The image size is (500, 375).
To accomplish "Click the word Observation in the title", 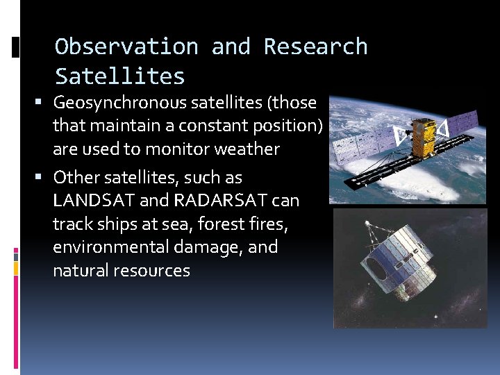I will click(x=126, y=47).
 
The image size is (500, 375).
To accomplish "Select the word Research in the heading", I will click(x=315, y=47).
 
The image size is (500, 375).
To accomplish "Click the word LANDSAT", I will click(x=94, y=201).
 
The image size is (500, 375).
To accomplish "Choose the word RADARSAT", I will click(x=221, y=201).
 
